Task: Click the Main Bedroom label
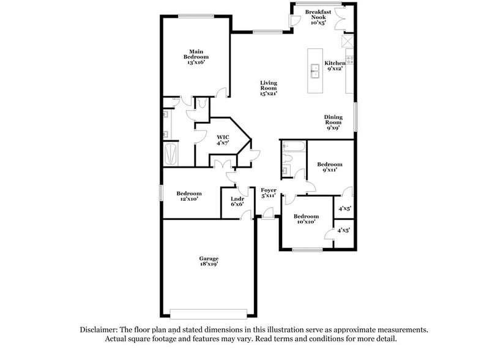pyautogui.click(x=196, y=57)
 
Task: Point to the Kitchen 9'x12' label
pyautogui.click(x=335, y=66)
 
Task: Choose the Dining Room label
pyautogui.click(x=333, y=122)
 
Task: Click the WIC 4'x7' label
pyautogui.click(x=223, y=140)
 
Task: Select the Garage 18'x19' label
pyautogui.click(x=208, y=261)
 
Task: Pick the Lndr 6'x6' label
pyautogui.click(x=237, y=201)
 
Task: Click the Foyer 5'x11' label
pyautogui.click(x=269, y=193)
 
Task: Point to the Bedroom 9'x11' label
pyautogui.click(x=329, y=167)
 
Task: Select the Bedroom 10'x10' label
pyautogui.click(x=305, y=219)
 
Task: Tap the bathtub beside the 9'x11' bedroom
pyautogui.click(x=293, y=146)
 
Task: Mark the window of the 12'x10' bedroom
pyautogui.click(x=162, y=192)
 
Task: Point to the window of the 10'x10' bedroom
pyautogui.click(x=307, y=250)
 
